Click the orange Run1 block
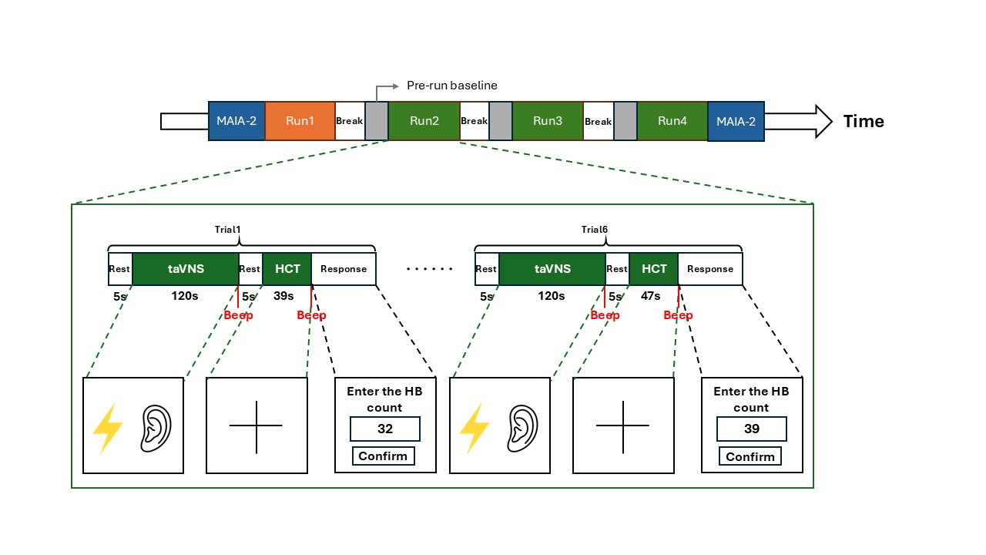tap(300, 121)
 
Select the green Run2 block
tap(424, 121)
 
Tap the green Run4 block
tap(672, 121)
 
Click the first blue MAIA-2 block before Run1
tap(236, 121)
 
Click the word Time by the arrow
tap(864, 121)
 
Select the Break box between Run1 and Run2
tap(349, 121)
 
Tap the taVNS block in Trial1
tap(186, 269)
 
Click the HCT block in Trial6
tap(654, 269)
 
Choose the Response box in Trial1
tap(344, 269)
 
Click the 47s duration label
tap(652, 296)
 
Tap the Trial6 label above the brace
tap(595, 230)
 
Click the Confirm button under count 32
tap(383, 456)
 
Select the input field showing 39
tap(751, 429)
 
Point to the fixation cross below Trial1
tap(257, 425)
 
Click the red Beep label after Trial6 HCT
tap(678, 315)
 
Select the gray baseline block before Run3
tap(501, 121)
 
